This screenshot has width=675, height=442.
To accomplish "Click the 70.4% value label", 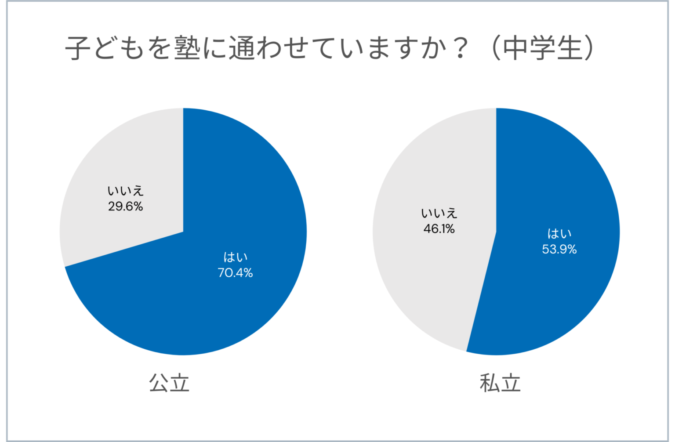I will point(235,273).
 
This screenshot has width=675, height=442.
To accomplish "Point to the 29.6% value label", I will point(126,207).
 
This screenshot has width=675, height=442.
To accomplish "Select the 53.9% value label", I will point(559,250).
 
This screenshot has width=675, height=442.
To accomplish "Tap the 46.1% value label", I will point(439,229).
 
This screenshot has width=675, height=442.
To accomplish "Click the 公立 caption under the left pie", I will point(169,383).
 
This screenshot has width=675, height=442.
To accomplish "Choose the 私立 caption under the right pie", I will point(500,383).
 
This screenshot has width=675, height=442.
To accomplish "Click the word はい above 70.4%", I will point(236,257).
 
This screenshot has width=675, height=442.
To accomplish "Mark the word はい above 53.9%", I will point(559,234).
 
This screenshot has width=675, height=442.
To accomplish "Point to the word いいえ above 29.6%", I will point(126,191).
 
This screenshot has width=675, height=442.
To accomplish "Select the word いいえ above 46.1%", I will point(439,214).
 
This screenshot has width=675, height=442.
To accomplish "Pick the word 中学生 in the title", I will point(542,47).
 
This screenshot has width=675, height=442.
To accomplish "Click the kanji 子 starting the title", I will point(78,47).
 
